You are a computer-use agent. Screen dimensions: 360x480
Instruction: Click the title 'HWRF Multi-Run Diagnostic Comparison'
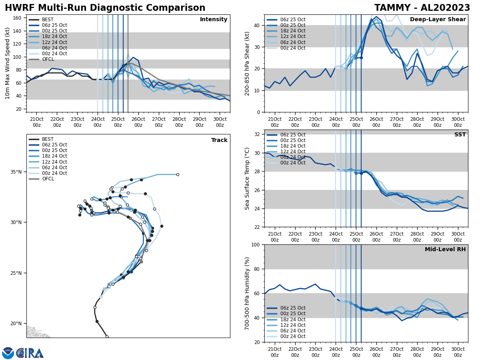pyautogui.click(x=105, y=8)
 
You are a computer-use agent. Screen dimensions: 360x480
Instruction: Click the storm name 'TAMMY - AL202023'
pyautogui.click(x=422, y=8)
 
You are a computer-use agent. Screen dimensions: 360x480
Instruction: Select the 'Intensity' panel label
pyautogui.click(x=214, y=20)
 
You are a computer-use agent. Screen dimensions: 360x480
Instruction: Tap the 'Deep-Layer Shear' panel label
pyautogui.click(x=438, y=20)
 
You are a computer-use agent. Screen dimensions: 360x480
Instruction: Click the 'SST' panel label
pyautogui.click(x=460, y=135)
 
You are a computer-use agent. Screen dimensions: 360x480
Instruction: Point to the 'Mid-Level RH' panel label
pyautogui.click(x=445, y=250)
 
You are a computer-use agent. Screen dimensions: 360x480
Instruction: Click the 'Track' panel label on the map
pyautogui.click(x=219, y=140)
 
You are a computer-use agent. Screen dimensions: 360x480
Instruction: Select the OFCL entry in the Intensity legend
pyautogui.click(x=48, y=59)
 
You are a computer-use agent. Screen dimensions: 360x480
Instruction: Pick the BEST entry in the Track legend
pyautogui.click(x=47, y=139)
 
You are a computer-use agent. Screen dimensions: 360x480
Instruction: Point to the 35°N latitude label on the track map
pyautogui.click(x=16, y=172)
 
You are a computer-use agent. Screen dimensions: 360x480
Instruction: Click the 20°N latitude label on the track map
pyautogui.click(x=16, y=324)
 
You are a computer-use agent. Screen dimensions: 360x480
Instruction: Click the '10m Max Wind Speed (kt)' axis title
pyautogui.click(x=8, y=63)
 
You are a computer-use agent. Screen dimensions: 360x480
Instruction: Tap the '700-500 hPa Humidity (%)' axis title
pyautogui.click(x=248, y=293)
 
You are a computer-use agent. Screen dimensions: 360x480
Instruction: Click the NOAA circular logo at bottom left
pyautogui.click(x=8, y=353)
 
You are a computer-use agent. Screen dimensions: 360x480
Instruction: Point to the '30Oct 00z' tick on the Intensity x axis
pyautogui.click(x=220, y=122)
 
